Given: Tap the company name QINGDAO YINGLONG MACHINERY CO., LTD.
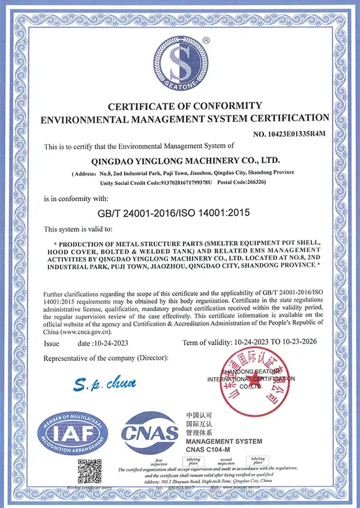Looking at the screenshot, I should (184, 161).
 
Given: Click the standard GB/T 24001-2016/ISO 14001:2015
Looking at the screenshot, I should (173, 213).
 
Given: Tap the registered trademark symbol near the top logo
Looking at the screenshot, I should (206, 40).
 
